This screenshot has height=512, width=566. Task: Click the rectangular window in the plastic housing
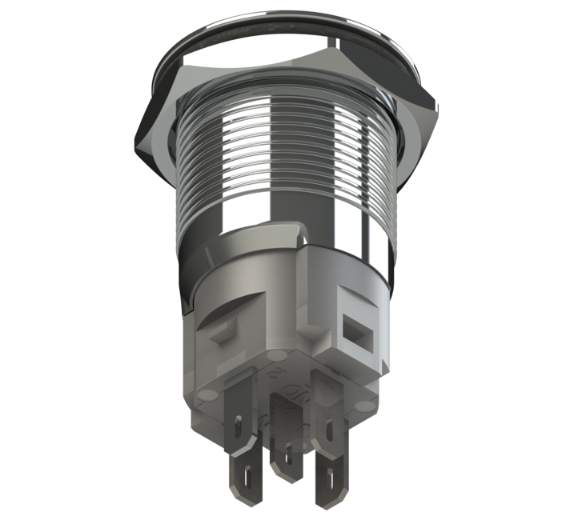353,327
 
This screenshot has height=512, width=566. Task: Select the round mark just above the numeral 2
275,353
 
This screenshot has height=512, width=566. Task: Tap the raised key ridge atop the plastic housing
300,234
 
